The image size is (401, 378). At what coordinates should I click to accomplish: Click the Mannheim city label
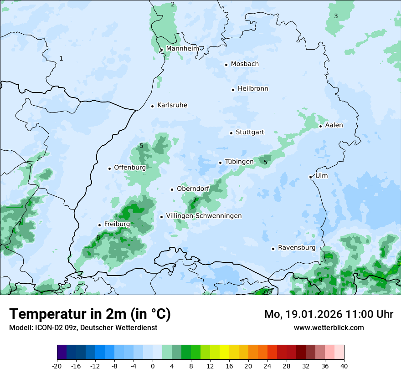182,48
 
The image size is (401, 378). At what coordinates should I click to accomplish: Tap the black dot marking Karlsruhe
153,106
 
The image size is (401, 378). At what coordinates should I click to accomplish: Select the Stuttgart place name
250,133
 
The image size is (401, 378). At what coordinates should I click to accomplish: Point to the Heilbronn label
253,89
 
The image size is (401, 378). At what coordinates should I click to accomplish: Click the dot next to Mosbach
226,65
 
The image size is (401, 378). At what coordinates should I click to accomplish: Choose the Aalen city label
334,125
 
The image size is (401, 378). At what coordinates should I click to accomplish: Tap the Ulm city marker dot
310,177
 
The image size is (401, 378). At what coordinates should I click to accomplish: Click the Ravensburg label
297,248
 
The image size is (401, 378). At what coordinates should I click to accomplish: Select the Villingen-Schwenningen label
204,216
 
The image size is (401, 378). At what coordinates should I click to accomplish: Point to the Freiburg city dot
99,225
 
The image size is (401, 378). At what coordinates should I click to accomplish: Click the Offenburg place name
130,168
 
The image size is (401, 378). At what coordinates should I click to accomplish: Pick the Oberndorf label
193,189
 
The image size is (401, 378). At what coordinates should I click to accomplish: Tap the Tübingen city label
239,162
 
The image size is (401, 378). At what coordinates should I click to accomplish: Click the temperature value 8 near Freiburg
98,237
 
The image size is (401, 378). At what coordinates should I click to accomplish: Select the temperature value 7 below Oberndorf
195,200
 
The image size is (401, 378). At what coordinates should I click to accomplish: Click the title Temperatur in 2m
90,314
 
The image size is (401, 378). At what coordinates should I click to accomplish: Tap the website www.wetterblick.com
329,327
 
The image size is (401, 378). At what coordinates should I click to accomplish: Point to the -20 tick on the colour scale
57,366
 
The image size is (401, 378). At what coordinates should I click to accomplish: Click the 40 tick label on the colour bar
344,366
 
